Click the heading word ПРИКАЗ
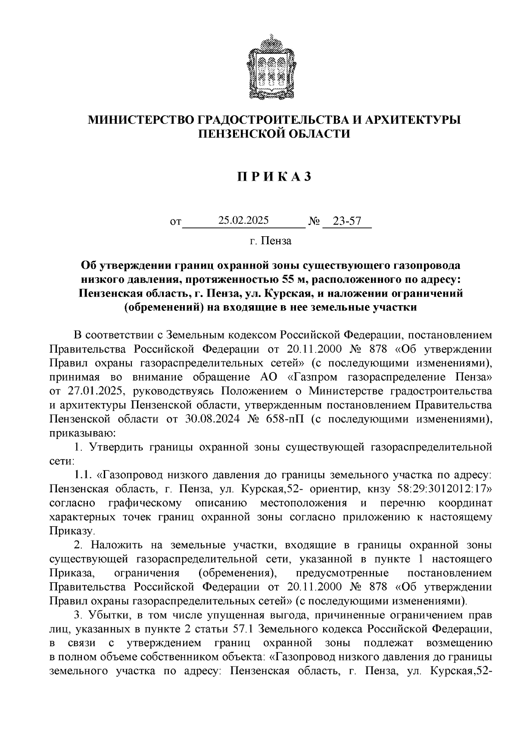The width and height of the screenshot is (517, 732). coord(274,177)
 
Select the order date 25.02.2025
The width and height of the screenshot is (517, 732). coord(243,221)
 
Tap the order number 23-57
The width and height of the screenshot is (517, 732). coord(347,222)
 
